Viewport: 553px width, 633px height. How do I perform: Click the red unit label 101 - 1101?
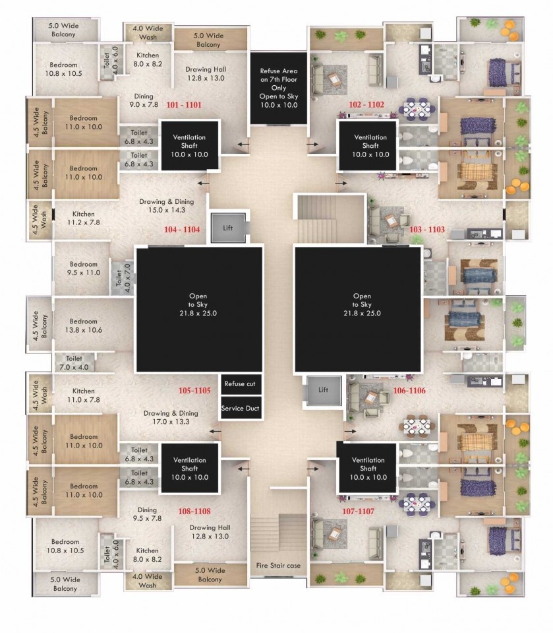[x=184, y=105]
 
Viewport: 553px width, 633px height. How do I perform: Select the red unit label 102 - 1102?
[x=367, y=104]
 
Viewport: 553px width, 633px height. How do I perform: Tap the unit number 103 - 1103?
[x=427, y=230]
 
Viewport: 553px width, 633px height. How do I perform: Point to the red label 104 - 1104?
[x=182, y=230]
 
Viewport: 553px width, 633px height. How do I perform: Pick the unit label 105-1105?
[x=194, y=391]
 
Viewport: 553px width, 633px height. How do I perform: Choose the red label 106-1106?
[x=409, y=391]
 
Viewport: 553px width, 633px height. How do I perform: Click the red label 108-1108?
[x=194, y=511]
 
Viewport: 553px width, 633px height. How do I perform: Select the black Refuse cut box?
[x=240, y=383]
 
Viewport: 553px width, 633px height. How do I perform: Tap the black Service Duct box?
[x=240, y=409]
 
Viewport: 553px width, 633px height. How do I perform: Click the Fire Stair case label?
[x=278, y=566]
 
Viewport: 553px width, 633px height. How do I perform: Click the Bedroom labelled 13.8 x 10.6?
[x=84, y=325]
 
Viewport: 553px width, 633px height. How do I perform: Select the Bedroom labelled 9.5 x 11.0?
[x=84, y=268]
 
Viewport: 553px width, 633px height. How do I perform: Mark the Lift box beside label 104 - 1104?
[x=228, y=228]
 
